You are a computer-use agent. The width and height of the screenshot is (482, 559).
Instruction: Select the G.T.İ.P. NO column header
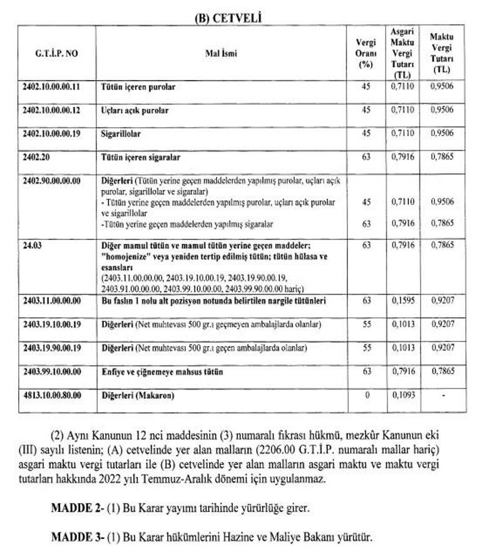(x=56, y=53)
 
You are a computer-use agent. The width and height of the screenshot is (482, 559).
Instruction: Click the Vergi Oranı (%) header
(x=366, y=53)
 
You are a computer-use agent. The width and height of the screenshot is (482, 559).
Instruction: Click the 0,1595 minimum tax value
(x=401, y=301)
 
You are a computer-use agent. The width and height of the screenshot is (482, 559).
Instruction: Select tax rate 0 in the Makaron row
(x=367, y=395)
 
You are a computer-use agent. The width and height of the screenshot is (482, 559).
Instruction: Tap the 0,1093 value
(x=401, y=395)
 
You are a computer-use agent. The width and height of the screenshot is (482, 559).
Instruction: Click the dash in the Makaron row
(x=442, y=395)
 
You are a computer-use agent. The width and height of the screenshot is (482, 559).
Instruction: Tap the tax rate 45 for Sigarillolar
(x=367, y=133)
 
